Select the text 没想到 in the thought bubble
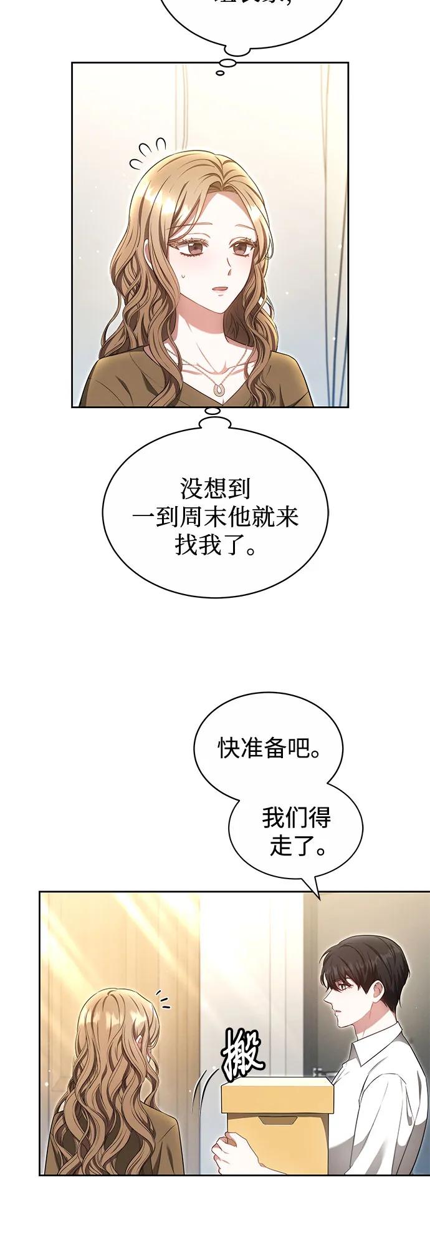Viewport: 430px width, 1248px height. tap(214, 488)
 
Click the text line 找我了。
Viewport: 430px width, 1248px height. tap(214, 547)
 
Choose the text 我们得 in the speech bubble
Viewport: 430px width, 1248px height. tap(295, 817)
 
